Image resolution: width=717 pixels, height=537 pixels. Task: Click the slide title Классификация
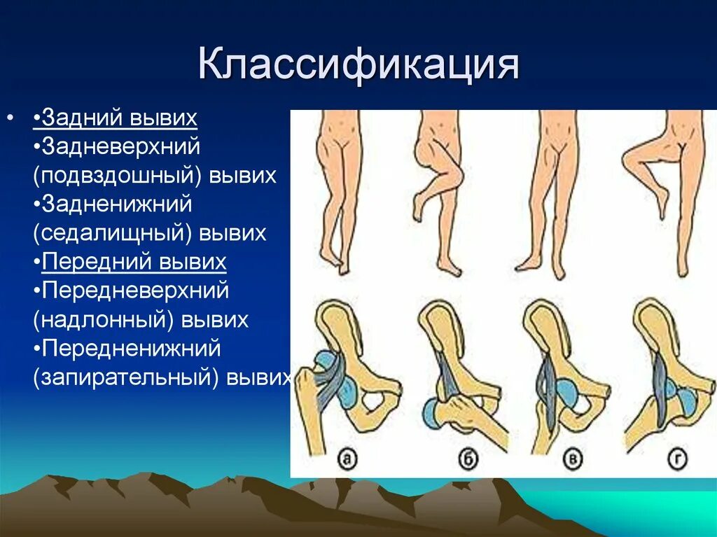[x=358, y=64]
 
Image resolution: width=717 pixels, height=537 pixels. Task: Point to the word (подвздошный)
[x=117, y=176]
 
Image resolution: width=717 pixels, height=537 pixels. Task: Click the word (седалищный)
[x=112, y=233]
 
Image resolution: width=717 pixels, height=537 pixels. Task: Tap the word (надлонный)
[x=104, y=320]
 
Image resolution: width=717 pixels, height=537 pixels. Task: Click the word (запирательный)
[x=126, y=378]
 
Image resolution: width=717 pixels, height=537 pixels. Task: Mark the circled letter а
[x=347, y=458]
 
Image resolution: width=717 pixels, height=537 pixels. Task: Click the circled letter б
[x=468, y=459]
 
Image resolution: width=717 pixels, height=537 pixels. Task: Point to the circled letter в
[x=572, y=459]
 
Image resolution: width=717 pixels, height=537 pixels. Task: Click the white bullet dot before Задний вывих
[x=10, y=118]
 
